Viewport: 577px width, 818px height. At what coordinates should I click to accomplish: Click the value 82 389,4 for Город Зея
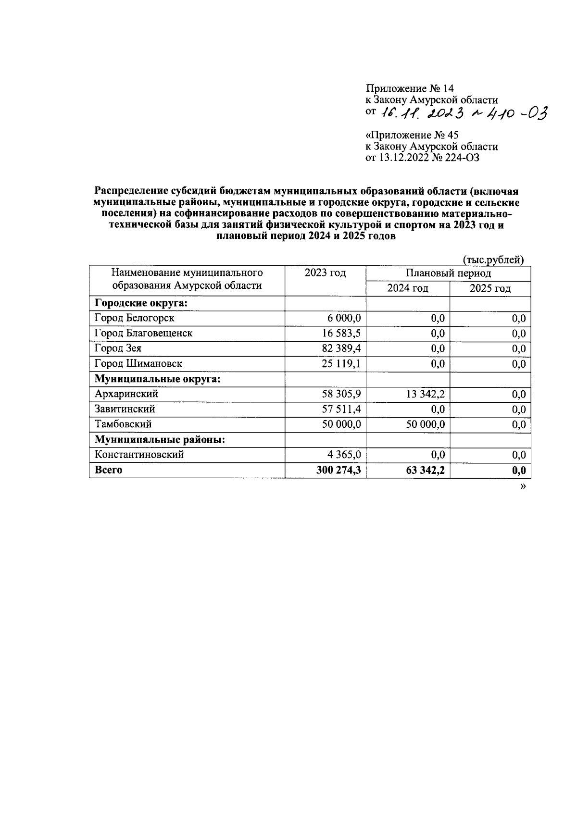pyautogui.click(x=341, y=348)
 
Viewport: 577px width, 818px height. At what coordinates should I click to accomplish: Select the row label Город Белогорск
pyautogui.click(x=135, y=318)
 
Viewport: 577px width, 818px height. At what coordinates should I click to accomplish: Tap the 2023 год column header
pyautogui.click(x=325, y=273)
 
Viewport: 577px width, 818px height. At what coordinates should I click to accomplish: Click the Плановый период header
pyautogui.click(x=448, y=273)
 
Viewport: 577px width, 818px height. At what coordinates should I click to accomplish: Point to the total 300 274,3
pyautogui.click(x=339, y=470)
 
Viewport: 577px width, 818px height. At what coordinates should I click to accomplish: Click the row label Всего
pyautogui.click(x=109, y=470)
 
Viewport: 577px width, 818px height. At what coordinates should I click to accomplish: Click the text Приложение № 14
pyautogui.click(x=410, y=88)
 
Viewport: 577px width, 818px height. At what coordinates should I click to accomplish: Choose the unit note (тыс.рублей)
pyautogui.click(x=493, y=260)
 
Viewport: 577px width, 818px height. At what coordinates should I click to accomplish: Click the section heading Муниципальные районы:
pyautogui.click(x=160, y=440)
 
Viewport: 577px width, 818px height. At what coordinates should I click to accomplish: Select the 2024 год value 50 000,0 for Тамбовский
pyautogui.click(x=425, y=424)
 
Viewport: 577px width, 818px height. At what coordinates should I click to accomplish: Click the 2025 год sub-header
pyautogui.click(x=490, y=288)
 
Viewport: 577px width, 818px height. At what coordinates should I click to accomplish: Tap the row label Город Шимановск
pyautogui.click(x=138, y=364)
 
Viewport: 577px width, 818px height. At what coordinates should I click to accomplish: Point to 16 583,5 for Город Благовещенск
pyautogui.click(x=341, y=333)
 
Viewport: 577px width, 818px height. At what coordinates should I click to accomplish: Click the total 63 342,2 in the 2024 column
pyautogui.click(x=425, y=470)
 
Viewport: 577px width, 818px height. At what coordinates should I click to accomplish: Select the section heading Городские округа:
pyautogui.click(x=141, y=303)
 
